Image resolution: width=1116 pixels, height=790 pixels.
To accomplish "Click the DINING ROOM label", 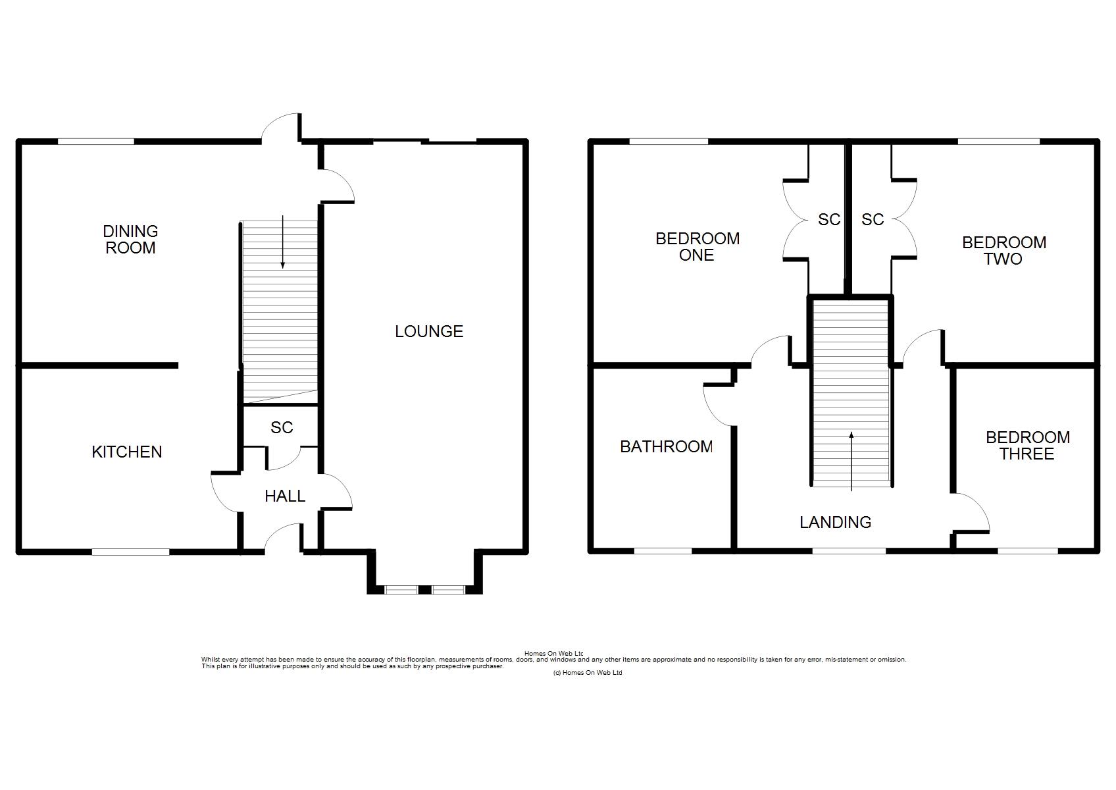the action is click(130, 239).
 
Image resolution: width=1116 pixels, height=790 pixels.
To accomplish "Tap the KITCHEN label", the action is click(127, 452).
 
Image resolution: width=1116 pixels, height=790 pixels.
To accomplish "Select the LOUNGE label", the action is click(429, 331).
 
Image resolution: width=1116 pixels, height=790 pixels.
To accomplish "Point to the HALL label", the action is click(285, 496).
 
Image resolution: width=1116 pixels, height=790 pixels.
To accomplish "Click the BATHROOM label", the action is click(666, 447).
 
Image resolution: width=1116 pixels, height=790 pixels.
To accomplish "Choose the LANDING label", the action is click(836, 522).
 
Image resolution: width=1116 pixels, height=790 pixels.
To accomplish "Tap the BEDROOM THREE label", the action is click(1028, 446).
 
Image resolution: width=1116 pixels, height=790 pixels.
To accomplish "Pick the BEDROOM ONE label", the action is click(697, 247).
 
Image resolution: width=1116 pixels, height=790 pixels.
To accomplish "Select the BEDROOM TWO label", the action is click(1004, 251).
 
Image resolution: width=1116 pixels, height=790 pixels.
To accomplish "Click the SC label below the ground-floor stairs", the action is click(282, 428).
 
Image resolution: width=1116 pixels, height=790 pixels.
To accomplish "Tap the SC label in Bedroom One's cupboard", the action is click(829, 220).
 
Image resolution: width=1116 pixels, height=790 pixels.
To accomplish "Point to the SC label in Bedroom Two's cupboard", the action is click(873, 220).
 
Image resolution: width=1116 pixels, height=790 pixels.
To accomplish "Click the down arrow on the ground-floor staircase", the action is click(282, 242).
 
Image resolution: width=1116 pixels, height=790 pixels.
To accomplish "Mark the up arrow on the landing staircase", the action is click(851, 461).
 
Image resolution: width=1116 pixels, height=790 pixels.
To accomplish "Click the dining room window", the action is click(96, 142).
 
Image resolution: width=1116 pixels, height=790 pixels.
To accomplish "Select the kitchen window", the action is click(130, 552).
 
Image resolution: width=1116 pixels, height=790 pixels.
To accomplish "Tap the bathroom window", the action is click(663, 551).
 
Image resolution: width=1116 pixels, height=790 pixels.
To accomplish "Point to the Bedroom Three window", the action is click(1028, 551).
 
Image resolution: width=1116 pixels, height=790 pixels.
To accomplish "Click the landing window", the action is click(850, 551).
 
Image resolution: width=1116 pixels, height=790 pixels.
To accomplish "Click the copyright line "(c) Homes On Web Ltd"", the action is click(588, 673).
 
